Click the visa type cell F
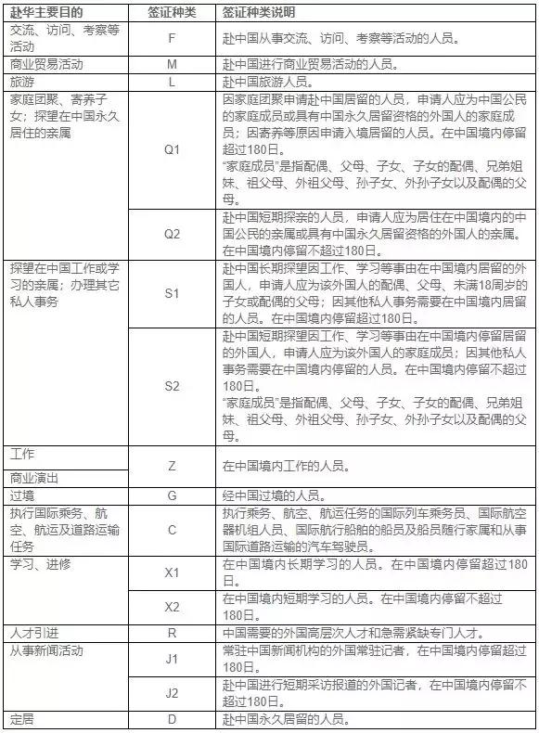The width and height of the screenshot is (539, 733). click(171, 41)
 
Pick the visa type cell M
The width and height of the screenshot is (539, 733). click(171, 65)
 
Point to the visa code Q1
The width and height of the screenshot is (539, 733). click(171, 149)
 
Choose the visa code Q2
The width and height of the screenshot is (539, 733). click(171, 234)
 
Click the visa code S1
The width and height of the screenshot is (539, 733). click(171, 292)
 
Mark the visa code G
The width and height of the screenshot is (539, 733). click(171, 495)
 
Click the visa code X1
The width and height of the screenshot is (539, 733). click(171, 572)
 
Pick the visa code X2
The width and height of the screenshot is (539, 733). click(171, 606)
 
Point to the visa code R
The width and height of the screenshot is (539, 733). click(171, 634)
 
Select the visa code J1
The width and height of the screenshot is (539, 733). click(171, 659)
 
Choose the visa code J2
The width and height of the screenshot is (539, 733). click(171, 692)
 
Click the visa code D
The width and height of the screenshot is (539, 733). click(171, 719)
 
